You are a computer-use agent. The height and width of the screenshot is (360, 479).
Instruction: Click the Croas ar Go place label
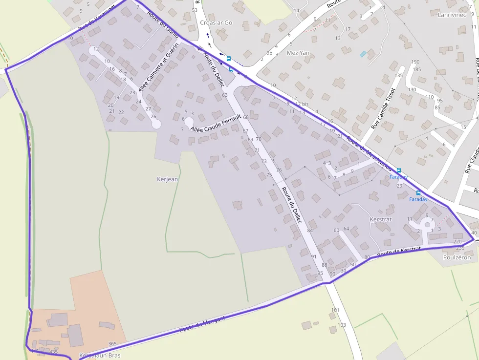click(216, 22)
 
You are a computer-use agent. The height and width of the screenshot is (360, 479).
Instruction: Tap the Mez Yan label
click(299, 53)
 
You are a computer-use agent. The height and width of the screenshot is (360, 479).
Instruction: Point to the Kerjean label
click(167, 179)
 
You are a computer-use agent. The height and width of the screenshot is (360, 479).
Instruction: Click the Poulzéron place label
click(457, 257)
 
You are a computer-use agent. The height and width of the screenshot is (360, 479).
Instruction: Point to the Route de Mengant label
click(202, 324)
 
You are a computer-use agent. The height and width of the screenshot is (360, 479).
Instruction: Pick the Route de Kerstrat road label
click(399, 252)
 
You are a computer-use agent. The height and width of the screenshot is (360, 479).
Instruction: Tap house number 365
click(112, 344)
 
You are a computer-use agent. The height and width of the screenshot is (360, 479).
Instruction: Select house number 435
click(53, 352)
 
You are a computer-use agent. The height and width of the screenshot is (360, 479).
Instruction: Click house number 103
click(342, 325)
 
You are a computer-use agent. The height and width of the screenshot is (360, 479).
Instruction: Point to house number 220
click(457, 242)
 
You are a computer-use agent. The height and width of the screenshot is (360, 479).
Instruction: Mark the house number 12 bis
click(302, 104)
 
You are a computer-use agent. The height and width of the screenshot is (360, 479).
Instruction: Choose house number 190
click(415, 62)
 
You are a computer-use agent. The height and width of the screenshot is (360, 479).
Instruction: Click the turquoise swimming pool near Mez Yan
click(363, 54)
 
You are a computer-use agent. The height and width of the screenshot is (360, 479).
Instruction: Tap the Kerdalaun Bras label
click(100, 355)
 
